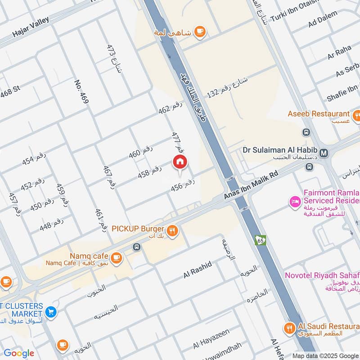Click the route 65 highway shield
260,240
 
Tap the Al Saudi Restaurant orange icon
289,328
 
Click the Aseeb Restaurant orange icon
356,116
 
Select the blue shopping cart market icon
51,311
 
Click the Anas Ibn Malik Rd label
252,185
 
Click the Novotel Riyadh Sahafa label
322,275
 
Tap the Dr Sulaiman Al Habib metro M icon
324,153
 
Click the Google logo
19,353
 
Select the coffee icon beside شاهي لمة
199,31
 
